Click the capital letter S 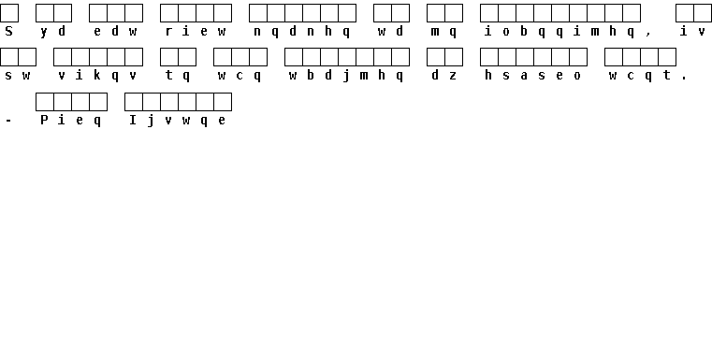pos(8,31)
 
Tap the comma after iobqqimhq pos(648,34)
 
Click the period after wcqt pos(684,79)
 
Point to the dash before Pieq pos(8,121)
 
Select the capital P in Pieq pos(44,120)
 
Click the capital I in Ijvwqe pos(133,120)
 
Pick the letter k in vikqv pos(97,76)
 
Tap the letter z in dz pos(453,76)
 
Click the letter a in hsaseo pos(524,76)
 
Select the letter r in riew pos(168,32)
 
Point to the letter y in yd pos(44,33)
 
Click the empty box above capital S pos(9,13)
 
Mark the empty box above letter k pos(97,57)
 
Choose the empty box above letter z pos(454,57)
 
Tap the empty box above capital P pos(45,102)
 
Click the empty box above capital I pos(134,102)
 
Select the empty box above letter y pos(45,13)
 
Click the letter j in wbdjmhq pos(346,76)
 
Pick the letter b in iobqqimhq pos(524,31)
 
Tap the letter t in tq pos(168,76)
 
